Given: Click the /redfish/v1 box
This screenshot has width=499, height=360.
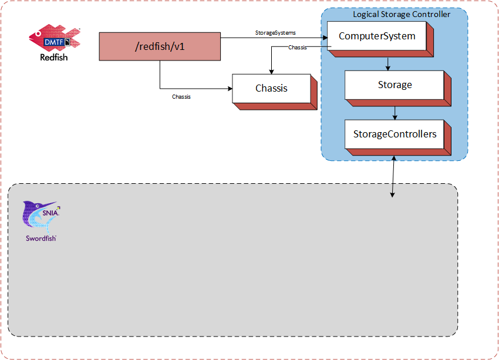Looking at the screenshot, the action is pos(160,46).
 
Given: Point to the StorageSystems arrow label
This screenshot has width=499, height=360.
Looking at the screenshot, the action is pos(275,33).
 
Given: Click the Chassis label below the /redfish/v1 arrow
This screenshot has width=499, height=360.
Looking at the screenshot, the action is pos(181,97).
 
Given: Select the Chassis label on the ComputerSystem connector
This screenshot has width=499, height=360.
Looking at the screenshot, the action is pos(298,48).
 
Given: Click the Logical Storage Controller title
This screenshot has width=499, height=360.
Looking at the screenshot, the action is pos(402,14).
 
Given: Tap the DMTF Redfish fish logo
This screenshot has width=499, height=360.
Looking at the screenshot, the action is pos(55,37).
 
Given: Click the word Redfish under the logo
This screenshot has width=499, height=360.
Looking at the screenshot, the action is pos(54,58).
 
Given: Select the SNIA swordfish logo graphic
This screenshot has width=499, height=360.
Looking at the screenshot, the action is pos(41,214).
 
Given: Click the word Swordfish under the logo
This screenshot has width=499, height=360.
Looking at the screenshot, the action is pos(41,238).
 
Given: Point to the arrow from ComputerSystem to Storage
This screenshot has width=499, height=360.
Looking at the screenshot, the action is pos(387,64).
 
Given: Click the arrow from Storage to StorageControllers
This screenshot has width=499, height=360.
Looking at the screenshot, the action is pos(395,113).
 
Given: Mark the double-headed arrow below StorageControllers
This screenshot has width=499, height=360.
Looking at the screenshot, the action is pos(393,176).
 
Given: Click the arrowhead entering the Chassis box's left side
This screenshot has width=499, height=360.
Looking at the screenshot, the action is pos(230,89).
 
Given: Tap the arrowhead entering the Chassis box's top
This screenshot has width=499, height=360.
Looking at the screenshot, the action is pos(271,72).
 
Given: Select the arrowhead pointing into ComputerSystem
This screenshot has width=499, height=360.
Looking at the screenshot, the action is pos(325,38).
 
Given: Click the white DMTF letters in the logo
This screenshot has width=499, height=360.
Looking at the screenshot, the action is pos(53,42).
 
